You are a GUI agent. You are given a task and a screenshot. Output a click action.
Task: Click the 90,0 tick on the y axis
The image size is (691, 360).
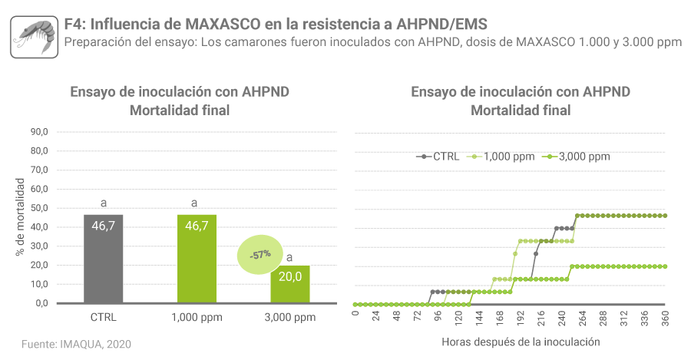[x=39, y=132]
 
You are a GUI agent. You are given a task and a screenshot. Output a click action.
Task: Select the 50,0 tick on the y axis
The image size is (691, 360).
[x=39, y=208]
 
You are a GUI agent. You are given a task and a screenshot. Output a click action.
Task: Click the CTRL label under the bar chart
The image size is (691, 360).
[x=103, y=317]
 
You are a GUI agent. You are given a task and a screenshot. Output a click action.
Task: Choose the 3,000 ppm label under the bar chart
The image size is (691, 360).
[x=290, y=317]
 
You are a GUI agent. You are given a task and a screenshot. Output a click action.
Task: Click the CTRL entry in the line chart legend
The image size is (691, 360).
[x=439, y=157]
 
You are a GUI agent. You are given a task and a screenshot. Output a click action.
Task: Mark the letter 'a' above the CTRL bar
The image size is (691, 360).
[x=103, y=203]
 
